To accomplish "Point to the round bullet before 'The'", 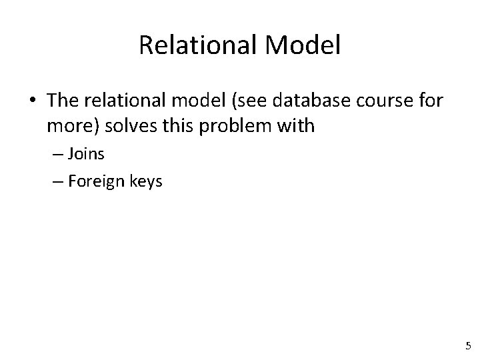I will tap(32, 100).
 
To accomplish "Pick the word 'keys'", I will tap(143, 181).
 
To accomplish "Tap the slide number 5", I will tap(467, 346).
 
